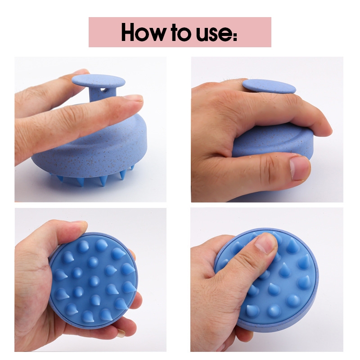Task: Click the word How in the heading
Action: [x=143, y=32]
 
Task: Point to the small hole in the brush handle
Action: [x=105, y=90]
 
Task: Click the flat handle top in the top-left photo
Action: [x=99, y=81]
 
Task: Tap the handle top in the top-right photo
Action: [x=269, y=86]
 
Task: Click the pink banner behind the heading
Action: [x=180, y=32]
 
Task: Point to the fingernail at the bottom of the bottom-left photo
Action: [x=121, y=333]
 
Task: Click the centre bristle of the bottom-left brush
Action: [x=94, y=281]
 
